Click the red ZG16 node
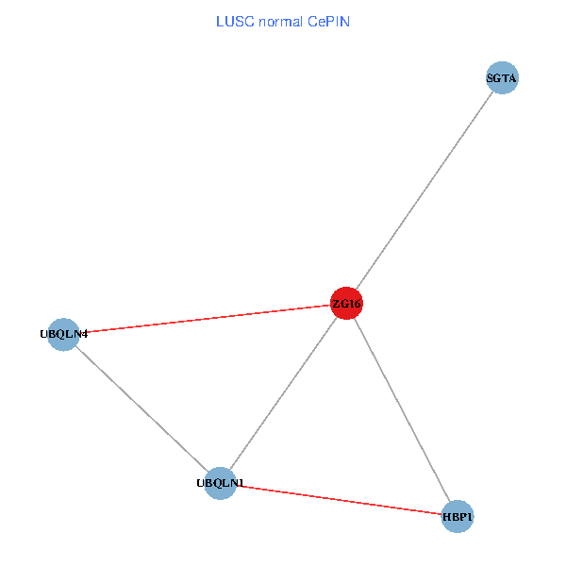tap(346, 303)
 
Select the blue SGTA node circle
tap(502, 78)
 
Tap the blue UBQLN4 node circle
tap(62, 334)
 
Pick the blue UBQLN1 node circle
tap(220, 483)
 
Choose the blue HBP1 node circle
tap(457, 516)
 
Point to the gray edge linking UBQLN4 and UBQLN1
tap(141, 408)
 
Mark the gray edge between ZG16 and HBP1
tap(402, 409)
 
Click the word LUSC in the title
tap(232, 20)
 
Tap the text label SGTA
tap(502, 78)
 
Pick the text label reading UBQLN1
tap(221, 484)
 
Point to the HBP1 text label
tap(458, 517)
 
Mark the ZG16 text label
tap(346, 304)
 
